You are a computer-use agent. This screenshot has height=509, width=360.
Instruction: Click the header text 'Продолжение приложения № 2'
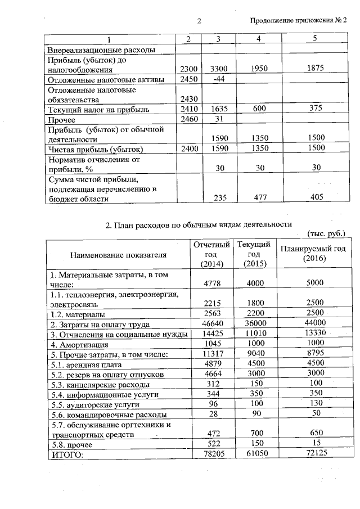pos(299,21)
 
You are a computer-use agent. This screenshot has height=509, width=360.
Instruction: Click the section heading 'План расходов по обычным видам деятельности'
pos(199,225)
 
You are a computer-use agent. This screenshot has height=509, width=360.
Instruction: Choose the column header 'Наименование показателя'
pos(119,255)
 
